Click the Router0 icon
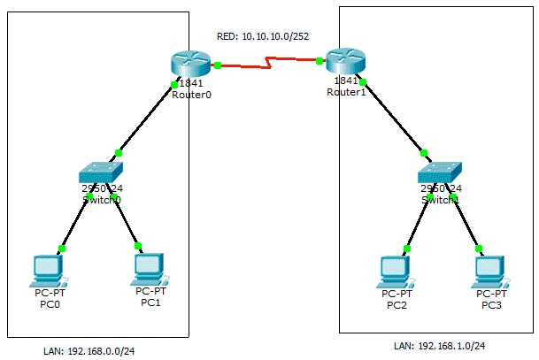pyautogui.click(x=189, y=65)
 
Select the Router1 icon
pyautogui.click(x=343, y=62)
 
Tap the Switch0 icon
pyautogui.click(x=100, y=172)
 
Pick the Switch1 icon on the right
pyautogui.click(x=440, y=172)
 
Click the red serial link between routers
pyautogui.click(x=267, y=62)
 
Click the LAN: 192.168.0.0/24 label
pyautogui.click(x=89, y=350)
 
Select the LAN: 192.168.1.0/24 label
pyautogui.click(x=439, y=346)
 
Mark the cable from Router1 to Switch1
pyautogui.click(x=393, y=117)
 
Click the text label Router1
pyautogui.click(x=345, y=92)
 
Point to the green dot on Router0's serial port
pyautogui.click(x=216, y=65)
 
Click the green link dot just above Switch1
pyautogui.click(x=424, y=152)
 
